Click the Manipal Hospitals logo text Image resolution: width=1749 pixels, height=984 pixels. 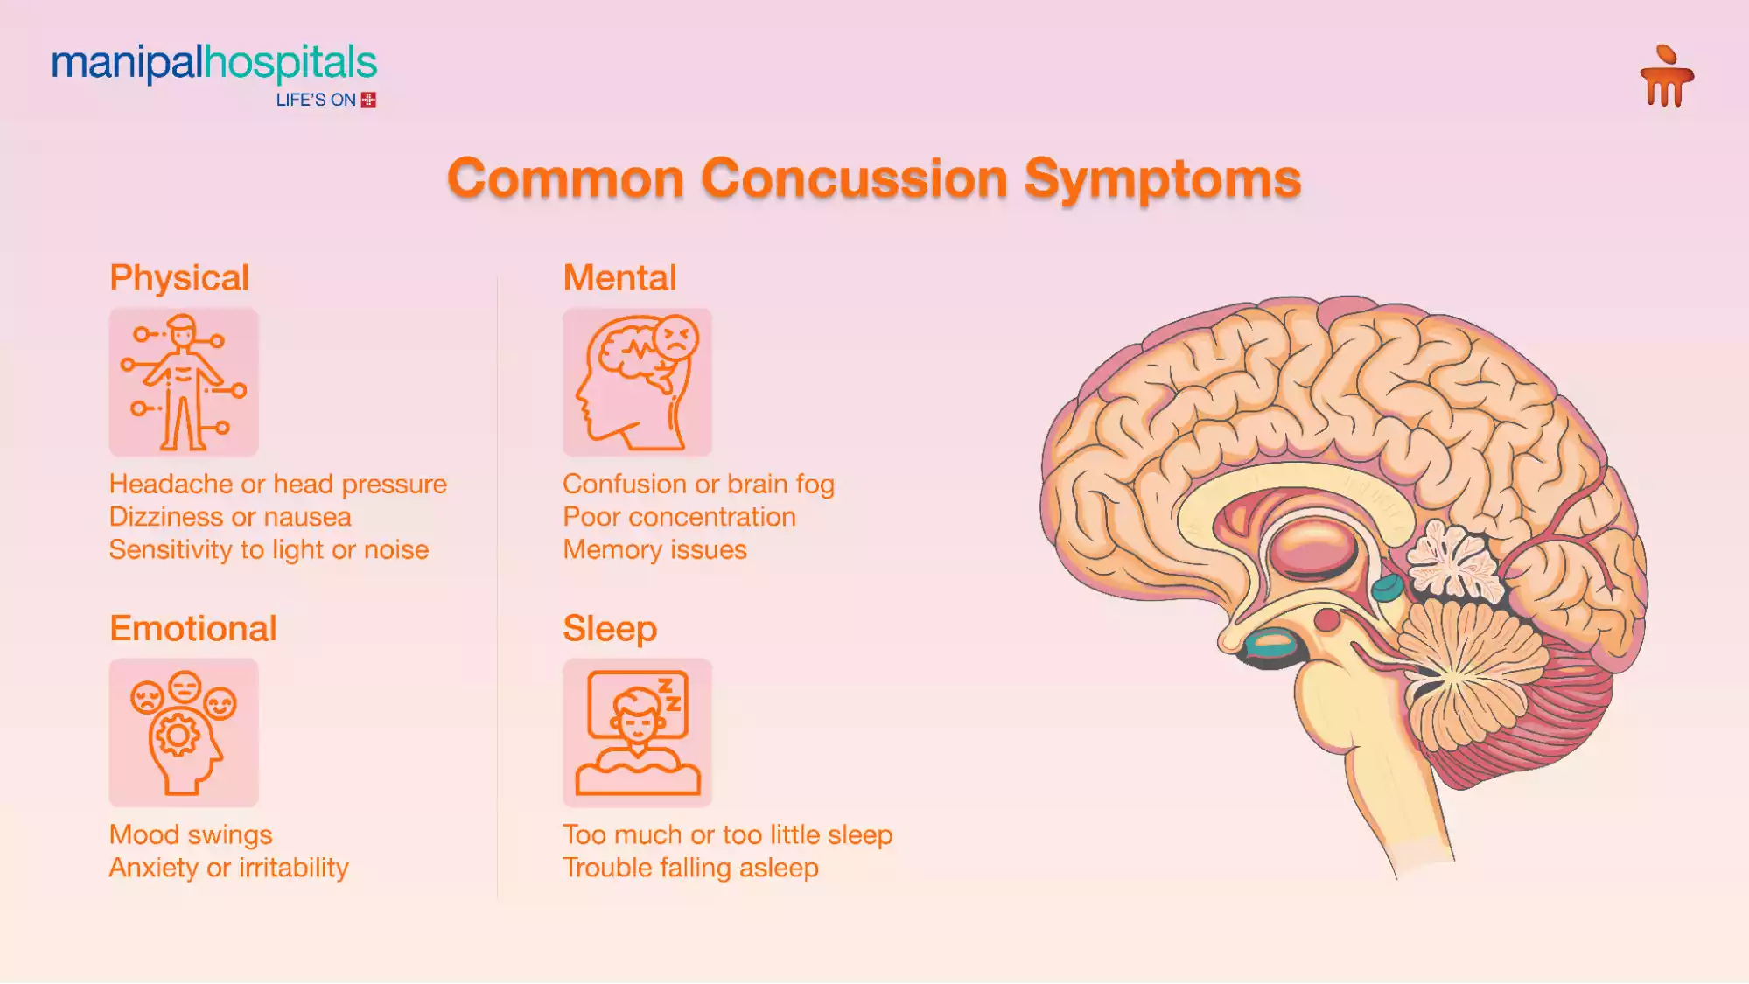coord(214,64)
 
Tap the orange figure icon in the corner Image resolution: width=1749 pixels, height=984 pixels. coord(1666,76)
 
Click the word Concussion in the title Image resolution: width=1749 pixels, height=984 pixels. coord(854,178)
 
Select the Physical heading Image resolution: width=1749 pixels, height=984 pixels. coord(179,278)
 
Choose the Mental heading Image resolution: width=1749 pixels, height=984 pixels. coord(619,278)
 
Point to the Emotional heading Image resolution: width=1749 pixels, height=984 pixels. coord(193,629)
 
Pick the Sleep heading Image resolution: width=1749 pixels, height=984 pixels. coord(610,629)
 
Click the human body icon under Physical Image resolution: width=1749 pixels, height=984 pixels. coord(184,382)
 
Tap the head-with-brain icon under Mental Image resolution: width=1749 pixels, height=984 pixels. coord(637,382)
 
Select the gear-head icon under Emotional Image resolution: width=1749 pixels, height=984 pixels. coord(184,733)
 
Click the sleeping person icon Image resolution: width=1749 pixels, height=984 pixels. coord(637,733)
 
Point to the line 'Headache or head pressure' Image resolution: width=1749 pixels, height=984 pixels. coord(278,484)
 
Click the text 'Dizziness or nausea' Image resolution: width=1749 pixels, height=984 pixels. coord(230,517)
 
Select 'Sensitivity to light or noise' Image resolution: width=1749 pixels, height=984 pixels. coord(269,550)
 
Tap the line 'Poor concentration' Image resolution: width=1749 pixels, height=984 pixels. coord(679,517)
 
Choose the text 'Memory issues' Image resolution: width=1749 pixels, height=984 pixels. coord(654,550)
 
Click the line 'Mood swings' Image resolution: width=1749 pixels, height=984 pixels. coord(191,834)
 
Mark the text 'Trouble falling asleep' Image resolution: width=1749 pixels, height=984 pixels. coord(690,868)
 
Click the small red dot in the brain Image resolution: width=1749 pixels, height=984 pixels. coord(1327,620)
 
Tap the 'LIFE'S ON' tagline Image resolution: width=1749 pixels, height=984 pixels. coord(316,101)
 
